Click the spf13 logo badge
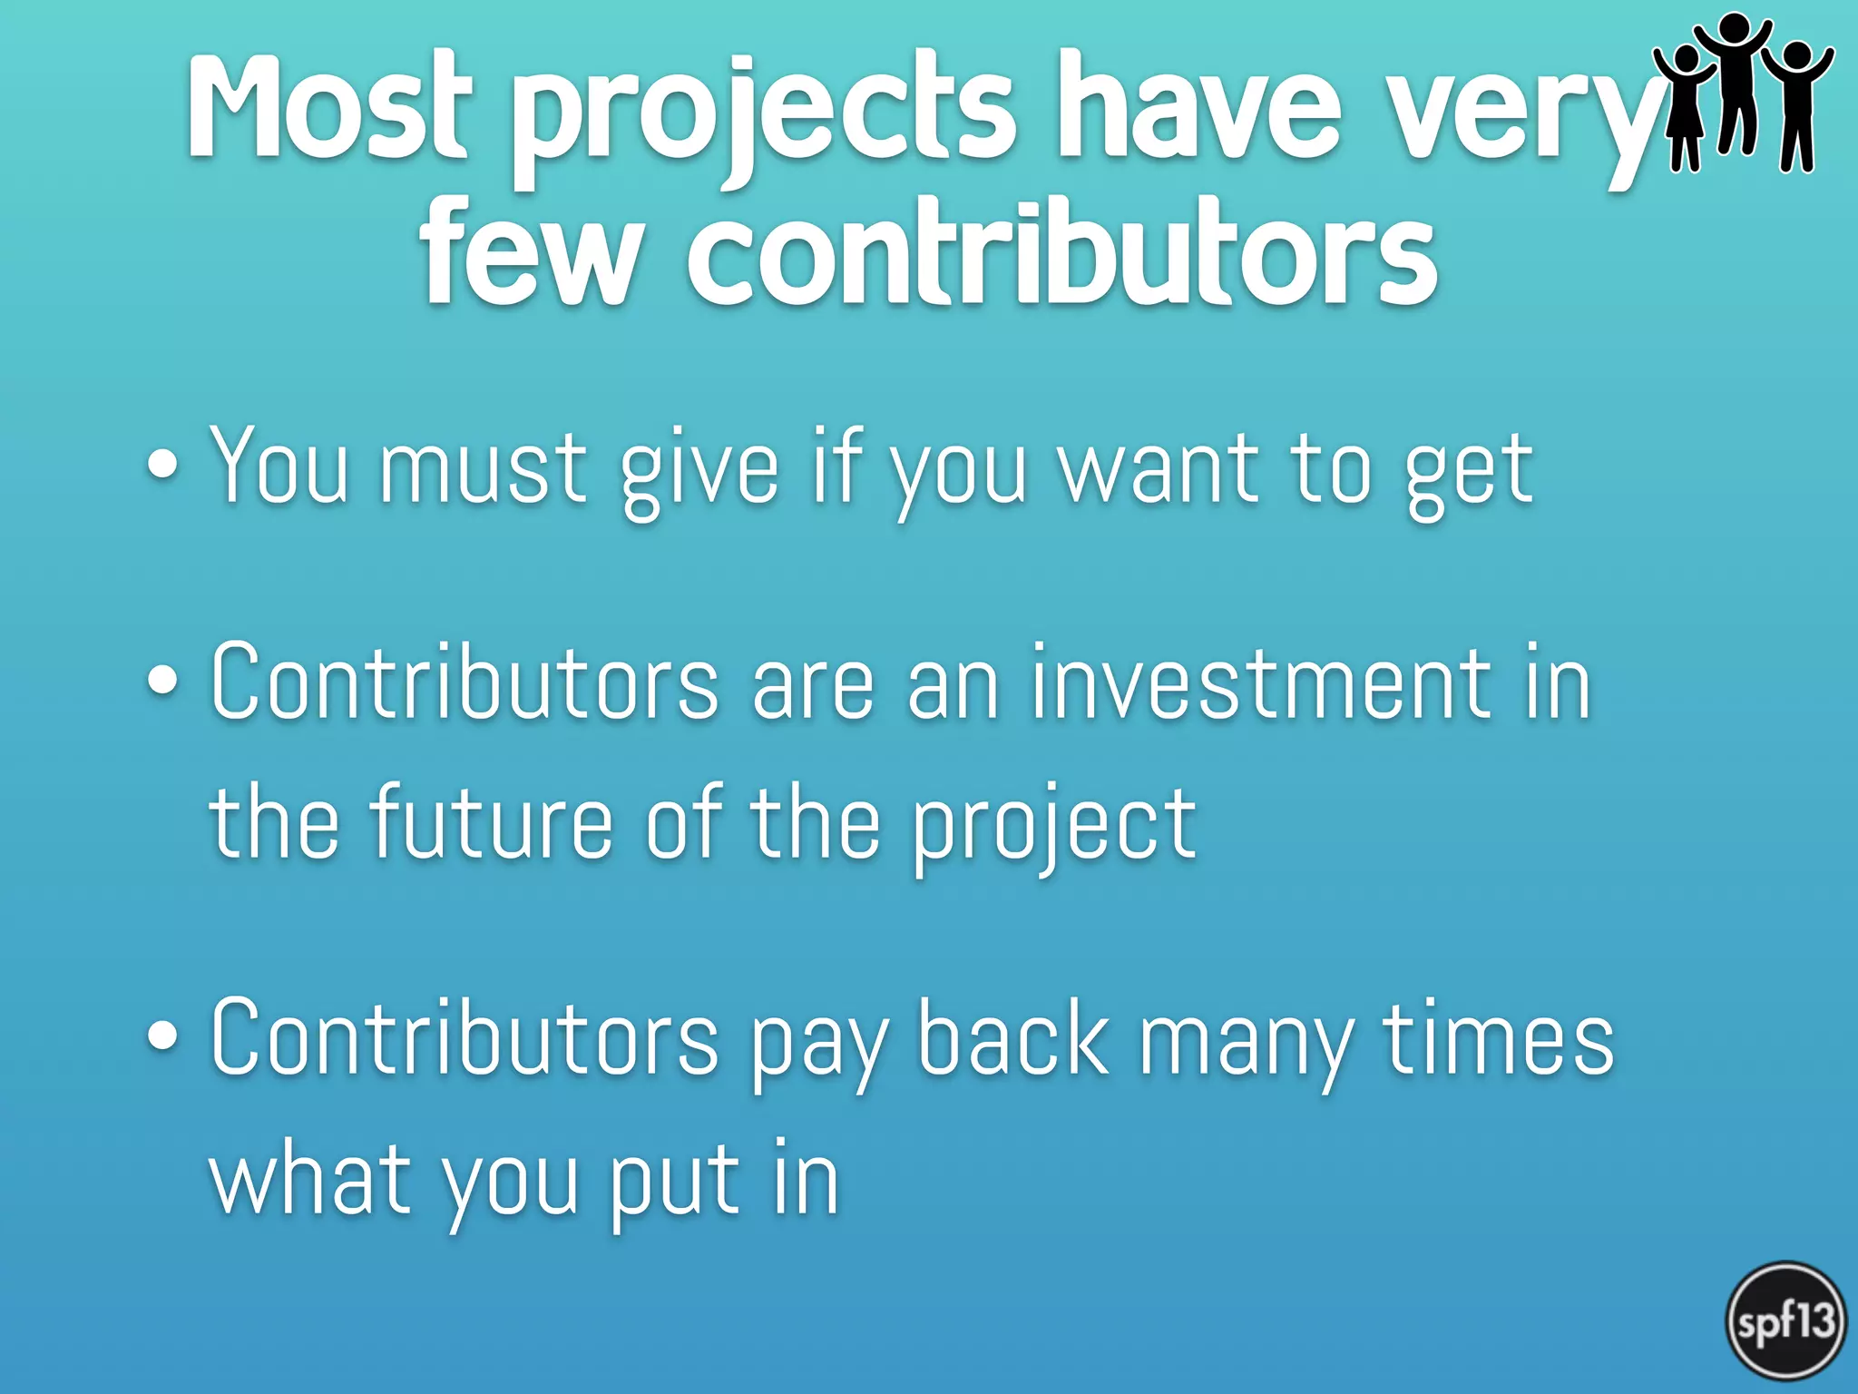click(1785, 1321)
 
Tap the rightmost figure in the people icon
click(1796, 104)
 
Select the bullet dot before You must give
click(162, 465)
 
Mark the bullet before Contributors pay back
click(162, 1036)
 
